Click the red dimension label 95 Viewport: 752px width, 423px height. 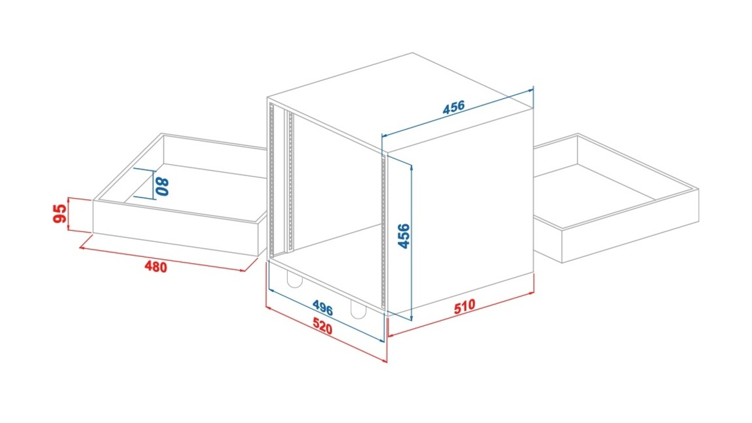tap(60, 214)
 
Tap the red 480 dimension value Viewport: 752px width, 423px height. tap(156, 267)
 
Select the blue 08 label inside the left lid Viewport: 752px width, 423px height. tap(163, 187)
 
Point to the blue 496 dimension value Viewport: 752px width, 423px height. tap(323, 308)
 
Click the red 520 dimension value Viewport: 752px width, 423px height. tap(323, 326)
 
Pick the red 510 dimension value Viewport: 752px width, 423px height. tap(465, 306)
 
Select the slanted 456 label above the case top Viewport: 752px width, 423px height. tap(454, 107)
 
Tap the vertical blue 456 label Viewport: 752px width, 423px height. tap(404, 236)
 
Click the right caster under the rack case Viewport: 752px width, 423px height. tap(358, 310)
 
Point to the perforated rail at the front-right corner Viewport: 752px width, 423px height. tap(384, 232)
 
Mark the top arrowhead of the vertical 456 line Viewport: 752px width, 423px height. tap(412, 167)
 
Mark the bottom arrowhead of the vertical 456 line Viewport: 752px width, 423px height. tap(412, 318)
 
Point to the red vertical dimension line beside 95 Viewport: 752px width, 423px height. tap(68, 214)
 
